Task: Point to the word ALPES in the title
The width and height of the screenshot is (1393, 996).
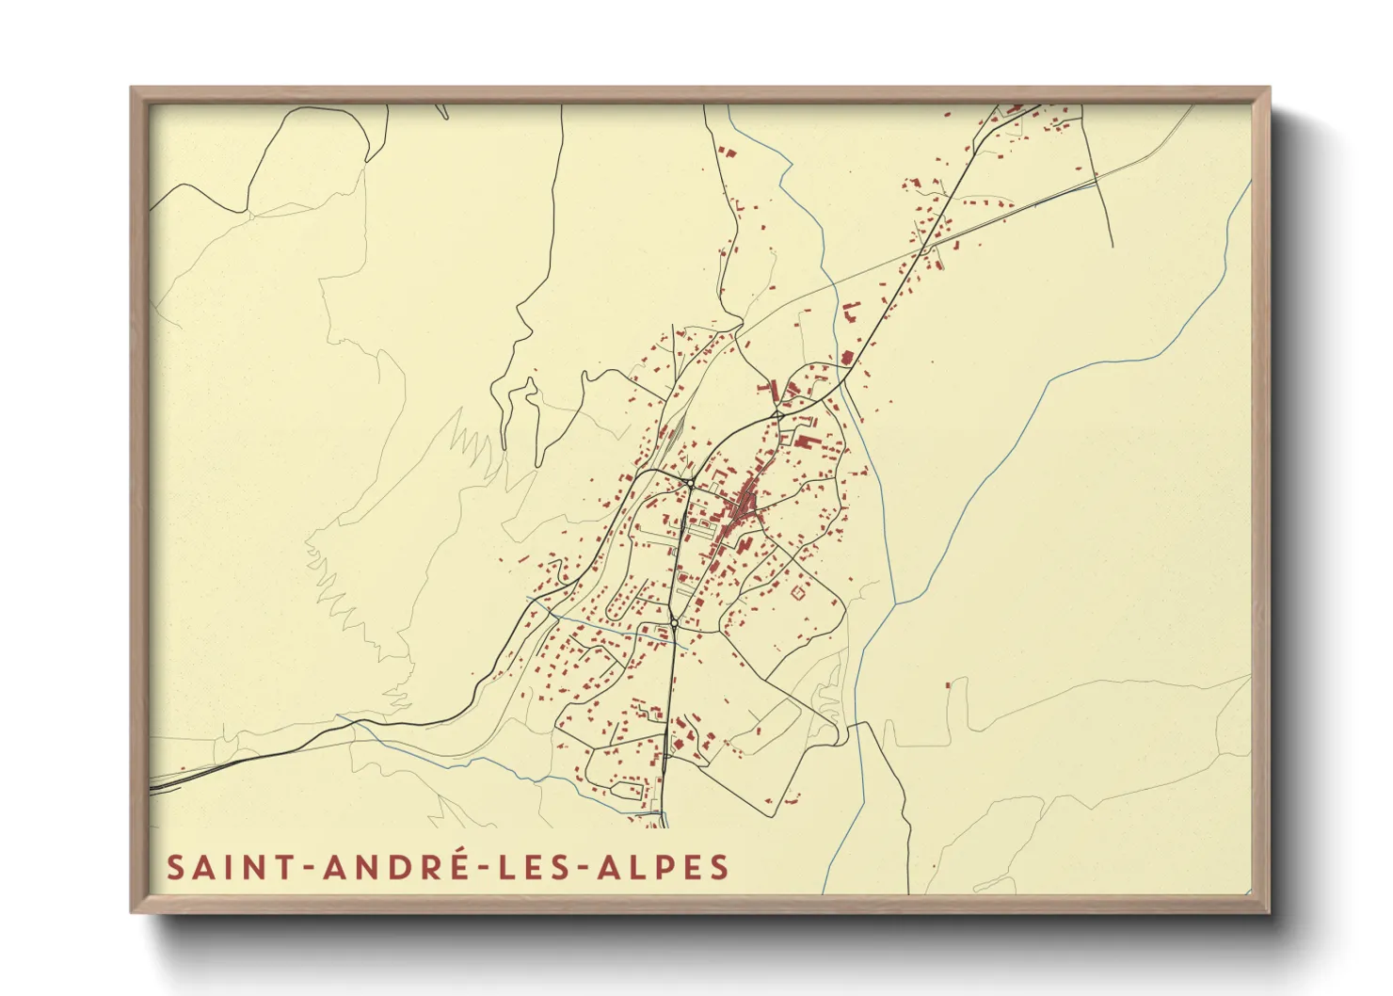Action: [664, 867]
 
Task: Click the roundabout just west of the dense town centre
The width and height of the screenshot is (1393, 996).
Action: [690, 483]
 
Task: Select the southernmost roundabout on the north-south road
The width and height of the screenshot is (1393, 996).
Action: [674, 623]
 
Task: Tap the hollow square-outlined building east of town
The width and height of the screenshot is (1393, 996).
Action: [801, 592]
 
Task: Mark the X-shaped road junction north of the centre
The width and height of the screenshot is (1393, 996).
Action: [777, 413]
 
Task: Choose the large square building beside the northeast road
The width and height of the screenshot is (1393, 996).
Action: [846, 358]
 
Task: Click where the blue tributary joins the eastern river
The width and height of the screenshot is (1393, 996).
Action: [894, 602]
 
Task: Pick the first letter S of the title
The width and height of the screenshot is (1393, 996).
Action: [175, 867]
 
